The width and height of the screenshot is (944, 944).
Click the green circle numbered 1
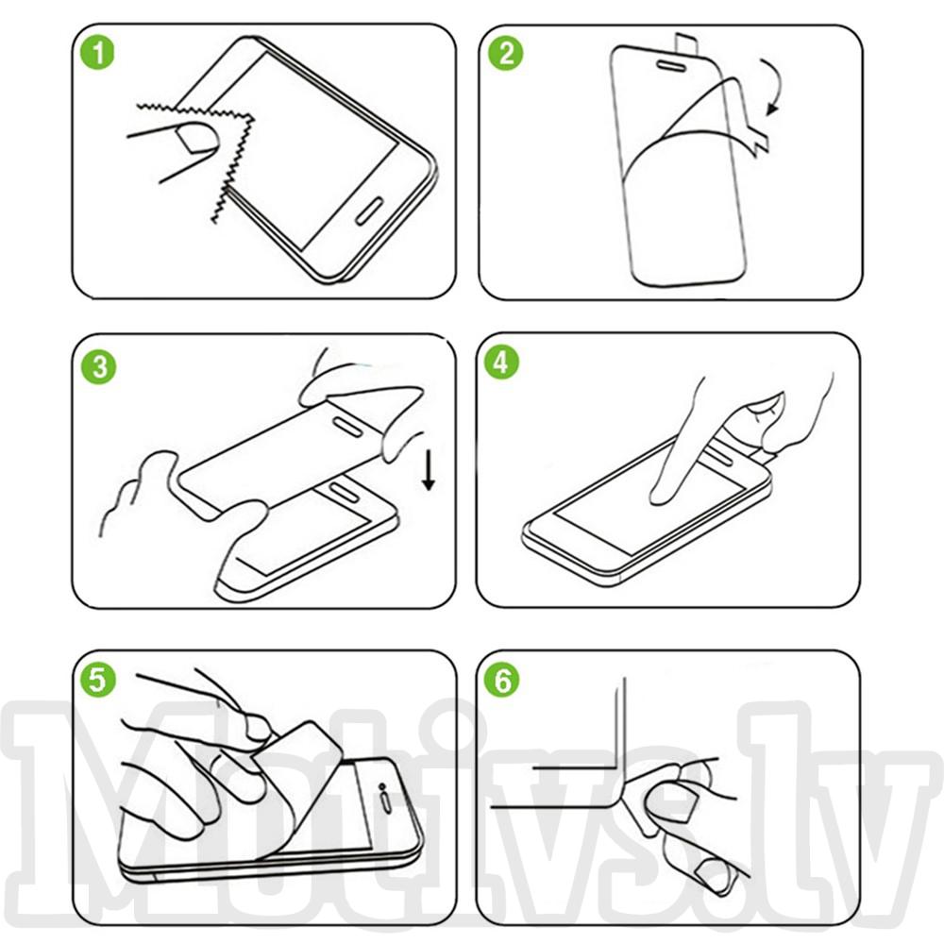point(97,52)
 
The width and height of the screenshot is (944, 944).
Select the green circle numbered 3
point(99,366)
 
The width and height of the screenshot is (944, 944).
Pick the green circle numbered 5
point(97,679)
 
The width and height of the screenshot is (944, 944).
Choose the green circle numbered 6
point(501,681)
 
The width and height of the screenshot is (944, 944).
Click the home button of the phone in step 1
point(369,211)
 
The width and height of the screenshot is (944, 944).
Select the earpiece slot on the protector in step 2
point(672,65)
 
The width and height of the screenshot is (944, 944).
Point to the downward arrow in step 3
point(429,471)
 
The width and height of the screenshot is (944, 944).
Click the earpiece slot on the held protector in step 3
point(348,425)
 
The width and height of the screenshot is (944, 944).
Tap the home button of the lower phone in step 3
point(344,490)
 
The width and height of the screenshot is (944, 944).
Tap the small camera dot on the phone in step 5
point(381,786)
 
